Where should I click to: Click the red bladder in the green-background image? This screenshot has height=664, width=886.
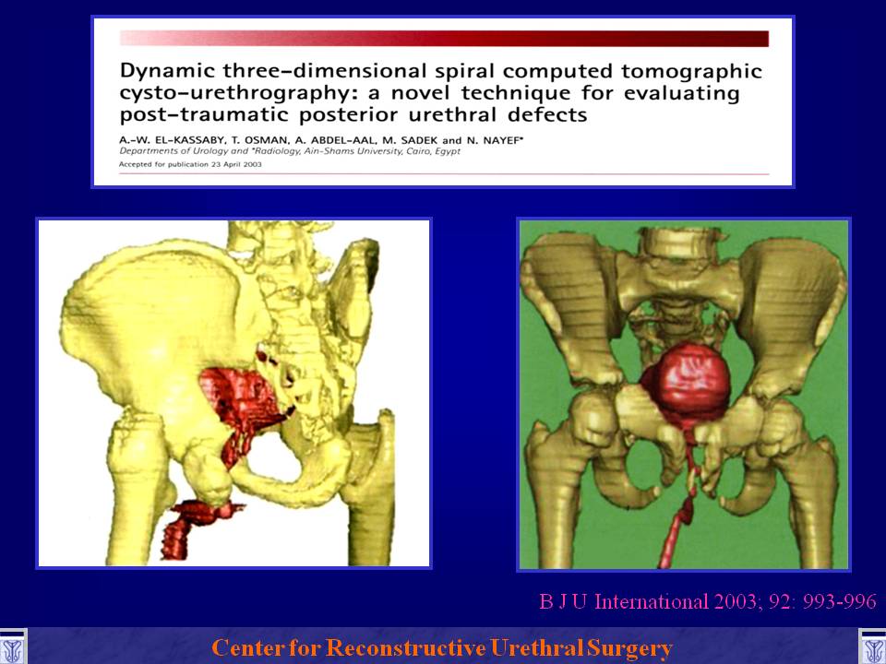coord(687,379)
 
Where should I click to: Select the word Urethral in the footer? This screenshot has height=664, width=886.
coord(536,647)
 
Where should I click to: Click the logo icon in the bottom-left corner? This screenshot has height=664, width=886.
coord(13,647)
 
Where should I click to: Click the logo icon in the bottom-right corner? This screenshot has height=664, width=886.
coord(872,647)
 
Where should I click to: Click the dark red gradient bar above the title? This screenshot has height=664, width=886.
coord(444,39)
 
